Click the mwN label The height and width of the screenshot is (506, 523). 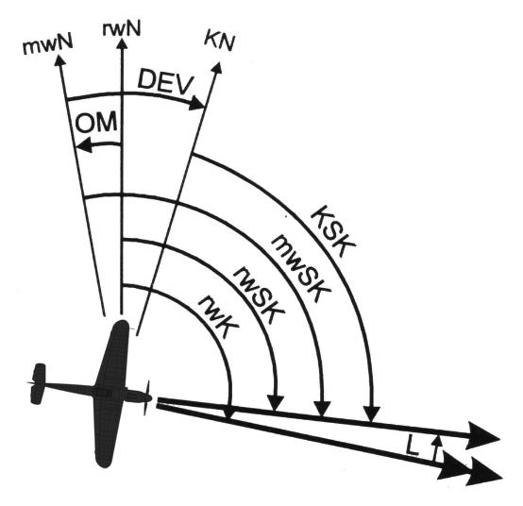pyautogui.click(x=48, y=46)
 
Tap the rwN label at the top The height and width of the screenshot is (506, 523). pyautogui.click(x=122, y=28)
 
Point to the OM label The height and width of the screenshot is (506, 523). pyautogui.click(x=96, y=123)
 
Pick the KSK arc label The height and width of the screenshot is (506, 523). pyautogui.click(x=333, y=231)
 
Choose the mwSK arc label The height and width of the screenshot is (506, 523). pyautogui.click(x=300, y=268)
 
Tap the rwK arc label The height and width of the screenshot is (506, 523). pyautogui.click(x=218, y=316)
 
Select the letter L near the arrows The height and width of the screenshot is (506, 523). pyautogui.click(x=413, y=446)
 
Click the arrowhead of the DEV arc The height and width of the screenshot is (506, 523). pyautogui.click(x=196, y=103)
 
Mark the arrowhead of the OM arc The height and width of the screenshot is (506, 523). pyautogui.click(x=84, y=145)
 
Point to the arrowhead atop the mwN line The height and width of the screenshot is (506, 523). pyautogui.click(x=59, y=60)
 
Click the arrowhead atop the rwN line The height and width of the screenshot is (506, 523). pyautogui.click(x=122, y=44)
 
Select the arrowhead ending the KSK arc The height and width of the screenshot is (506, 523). pyautogui.click(x=371, y=413)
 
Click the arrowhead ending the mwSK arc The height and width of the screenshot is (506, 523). pyautogui.click(x=322, y=410)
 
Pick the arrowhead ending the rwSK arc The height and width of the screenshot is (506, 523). pyautogui.click(x=275, y=404)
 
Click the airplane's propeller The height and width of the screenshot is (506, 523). pyautogui.click(x=147, y=397)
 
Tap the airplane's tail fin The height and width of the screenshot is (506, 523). pyautogui.click(x=38, y=384)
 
